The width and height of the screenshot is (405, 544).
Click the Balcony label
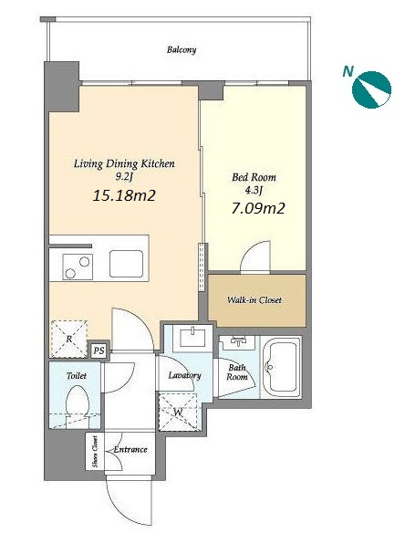click(x=182, y=50)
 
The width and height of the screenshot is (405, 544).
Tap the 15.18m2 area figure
click(x=124, y=195)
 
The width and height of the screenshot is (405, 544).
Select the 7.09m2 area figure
click(x=258, y=208)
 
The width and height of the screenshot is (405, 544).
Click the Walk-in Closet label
click(x=254, y=300)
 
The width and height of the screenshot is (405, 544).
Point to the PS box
click(x=99, y=350)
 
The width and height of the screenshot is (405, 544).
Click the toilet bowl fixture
click(x=78, y=404)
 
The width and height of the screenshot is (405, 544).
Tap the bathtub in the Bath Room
click(x=280, y=368)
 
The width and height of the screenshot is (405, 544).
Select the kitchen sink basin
click(x=126, y=264)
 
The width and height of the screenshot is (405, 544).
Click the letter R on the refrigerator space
click(x=69, y=339)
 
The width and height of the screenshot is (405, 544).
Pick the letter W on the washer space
click(x=178, y=413)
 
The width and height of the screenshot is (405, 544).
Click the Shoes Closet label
click(x=95, y=451)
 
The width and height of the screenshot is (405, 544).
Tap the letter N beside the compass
click(x=348, y=71)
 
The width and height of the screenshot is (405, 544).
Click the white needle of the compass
click(x=376, y=93)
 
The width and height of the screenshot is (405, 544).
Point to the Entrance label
click(x=130, y=450)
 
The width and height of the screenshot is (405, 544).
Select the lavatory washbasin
click(x=192, y=336)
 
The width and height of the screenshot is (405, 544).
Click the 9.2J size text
click(x=124, y=177)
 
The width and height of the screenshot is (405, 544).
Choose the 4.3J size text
click(x=254, y=190)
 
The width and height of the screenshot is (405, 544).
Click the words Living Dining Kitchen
click(x=124, y=164)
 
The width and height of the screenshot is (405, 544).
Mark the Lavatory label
click(x=184, y=376)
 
